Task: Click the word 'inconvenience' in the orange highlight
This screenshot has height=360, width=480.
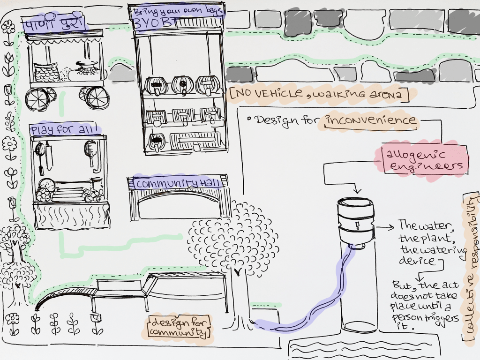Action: [370, 120]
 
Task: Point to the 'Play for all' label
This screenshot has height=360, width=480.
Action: [64, 130]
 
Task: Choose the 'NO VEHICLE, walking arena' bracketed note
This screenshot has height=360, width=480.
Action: [319, 95]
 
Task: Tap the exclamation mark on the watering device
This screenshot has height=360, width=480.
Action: [357, 226]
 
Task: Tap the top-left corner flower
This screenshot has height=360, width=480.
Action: [8, 27]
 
